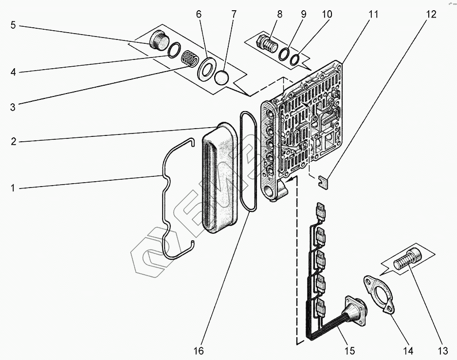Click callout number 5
click(x=14, y=25)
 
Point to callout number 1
click(x=14, y=188)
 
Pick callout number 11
click(x=373, y=15)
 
